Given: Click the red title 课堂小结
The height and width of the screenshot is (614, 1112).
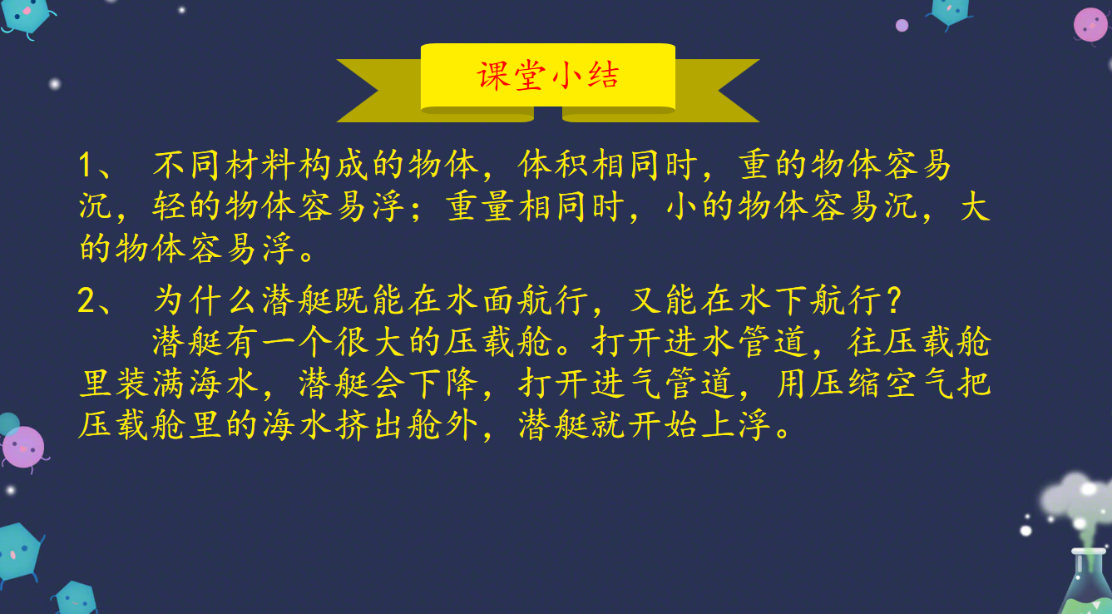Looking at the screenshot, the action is pyautogui.click(x=547, y=76).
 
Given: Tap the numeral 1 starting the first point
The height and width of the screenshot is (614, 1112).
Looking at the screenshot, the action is pyautogui.click(x=86, y=165).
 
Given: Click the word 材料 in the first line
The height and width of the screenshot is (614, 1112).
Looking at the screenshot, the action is pyautogui.click(x=243, y=165).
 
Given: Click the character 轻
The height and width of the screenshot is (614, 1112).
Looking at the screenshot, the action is pyautogui.click(x=169, y=206).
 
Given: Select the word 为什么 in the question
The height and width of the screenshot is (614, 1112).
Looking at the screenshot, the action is pyautogui.click(x=206, y=300).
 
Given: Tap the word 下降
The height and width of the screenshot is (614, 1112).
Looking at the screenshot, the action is pyautogui.click(x=443, y=383).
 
